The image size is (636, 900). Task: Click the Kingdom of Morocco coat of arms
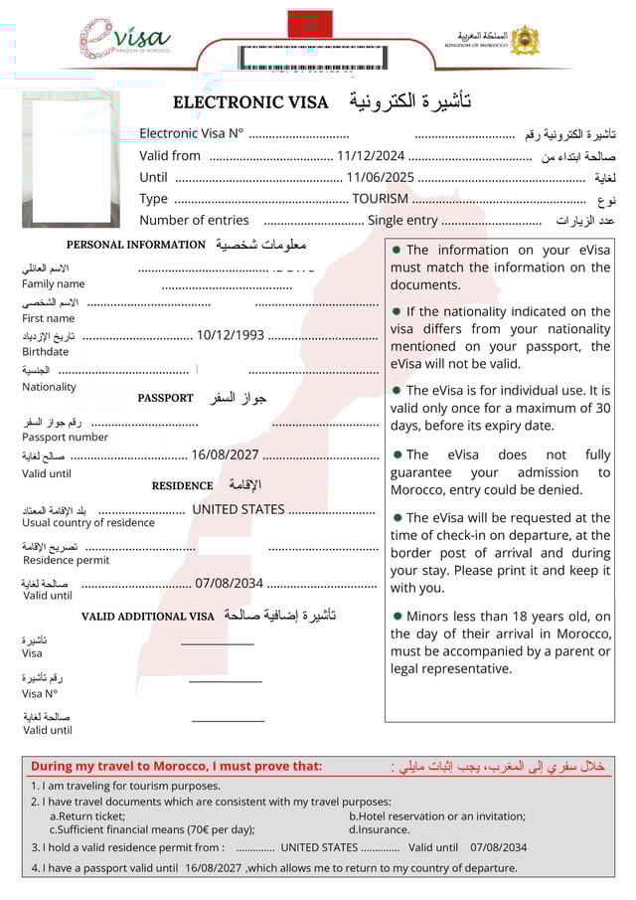524,41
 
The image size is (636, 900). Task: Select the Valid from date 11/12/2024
371,156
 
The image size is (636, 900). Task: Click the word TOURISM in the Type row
381,199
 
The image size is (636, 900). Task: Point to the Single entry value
402,221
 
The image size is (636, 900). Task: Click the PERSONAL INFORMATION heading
135,245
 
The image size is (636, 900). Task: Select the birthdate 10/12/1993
231,335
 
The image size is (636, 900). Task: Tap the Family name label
54,283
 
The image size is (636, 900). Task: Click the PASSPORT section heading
165,398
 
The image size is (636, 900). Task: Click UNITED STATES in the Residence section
238,510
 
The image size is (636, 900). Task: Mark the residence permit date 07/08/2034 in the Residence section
230,584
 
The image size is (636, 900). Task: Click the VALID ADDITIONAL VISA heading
147,617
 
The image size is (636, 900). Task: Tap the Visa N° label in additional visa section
41,693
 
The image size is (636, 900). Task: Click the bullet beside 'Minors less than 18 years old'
397,617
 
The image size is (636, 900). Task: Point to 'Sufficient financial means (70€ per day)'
152,829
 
